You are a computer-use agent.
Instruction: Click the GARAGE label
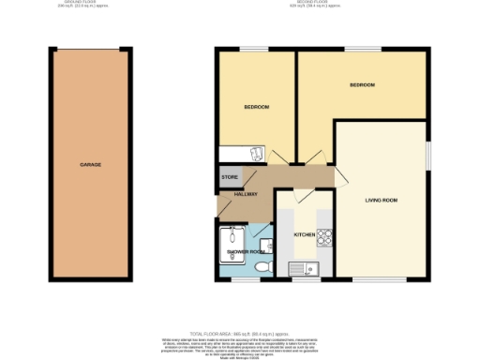click(91, 164)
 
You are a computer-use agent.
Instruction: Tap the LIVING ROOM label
click(382, 200)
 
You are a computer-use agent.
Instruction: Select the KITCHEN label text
click(305, 234)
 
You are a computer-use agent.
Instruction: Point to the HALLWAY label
click(232, 193)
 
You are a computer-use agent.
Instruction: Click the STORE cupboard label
click(230, 176)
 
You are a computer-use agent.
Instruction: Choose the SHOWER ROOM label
click(246, 251)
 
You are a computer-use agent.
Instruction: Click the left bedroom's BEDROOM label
click(257, 107)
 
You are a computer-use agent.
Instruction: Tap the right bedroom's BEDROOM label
click(362, 85)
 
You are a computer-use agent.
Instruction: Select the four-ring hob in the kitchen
click(326, 235)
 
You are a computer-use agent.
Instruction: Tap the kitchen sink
click(307, 269)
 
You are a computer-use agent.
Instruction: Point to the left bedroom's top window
click(250, 48)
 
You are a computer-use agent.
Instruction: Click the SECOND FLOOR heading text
click(313, 4)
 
